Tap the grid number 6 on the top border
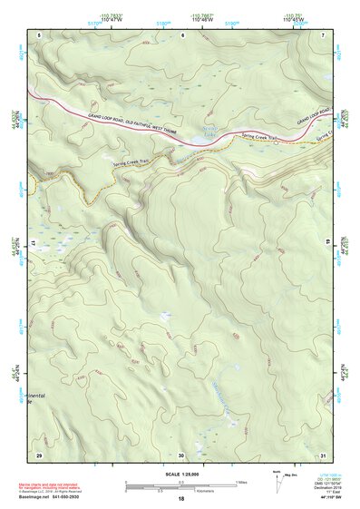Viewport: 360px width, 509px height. [x=181, y=34]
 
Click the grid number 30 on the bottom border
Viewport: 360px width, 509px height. [x=181, y=454]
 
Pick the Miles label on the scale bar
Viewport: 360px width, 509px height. [x=241, y=481]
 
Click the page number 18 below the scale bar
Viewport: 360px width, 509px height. [x=181, y=498]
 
